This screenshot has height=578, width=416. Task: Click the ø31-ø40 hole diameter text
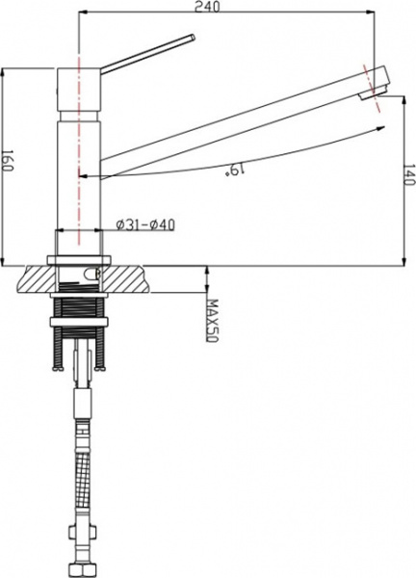pyautogui.click(x=143, y=225)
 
